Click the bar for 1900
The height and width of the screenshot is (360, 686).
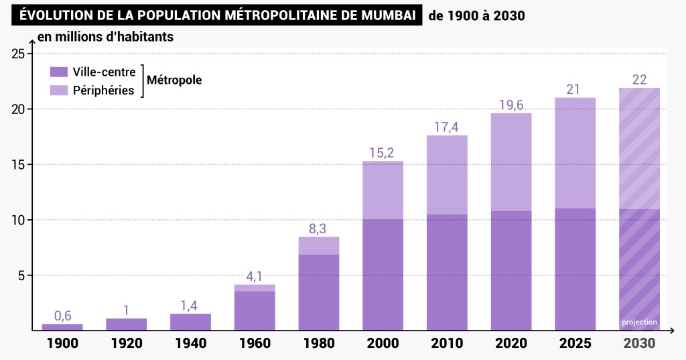point(62,327)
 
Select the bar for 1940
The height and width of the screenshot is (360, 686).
point(190,322)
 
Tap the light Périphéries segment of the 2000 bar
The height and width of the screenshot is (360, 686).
point(383,190)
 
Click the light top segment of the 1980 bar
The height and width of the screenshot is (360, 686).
point(319,245)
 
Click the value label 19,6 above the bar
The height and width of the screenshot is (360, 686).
point(511,105)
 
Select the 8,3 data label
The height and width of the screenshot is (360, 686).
point(319,229)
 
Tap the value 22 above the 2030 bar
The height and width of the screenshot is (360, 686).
point(639,80)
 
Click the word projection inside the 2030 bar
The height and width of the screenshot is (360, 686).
point(639,322)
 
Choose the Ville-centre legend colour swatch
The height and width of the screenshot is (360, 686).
point(59,72)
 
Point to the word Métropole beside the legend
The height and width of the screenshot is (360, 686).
point(174,80)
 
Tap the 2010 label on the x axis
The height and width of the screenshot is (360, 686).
point(447,343)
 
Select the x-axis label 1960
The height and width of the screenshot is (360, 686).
point(255,343)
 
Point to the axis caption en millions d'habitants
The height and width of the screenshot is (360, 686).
point(105,37)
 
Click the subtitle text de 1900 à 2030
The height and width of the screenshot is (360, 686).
point(476,15)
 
